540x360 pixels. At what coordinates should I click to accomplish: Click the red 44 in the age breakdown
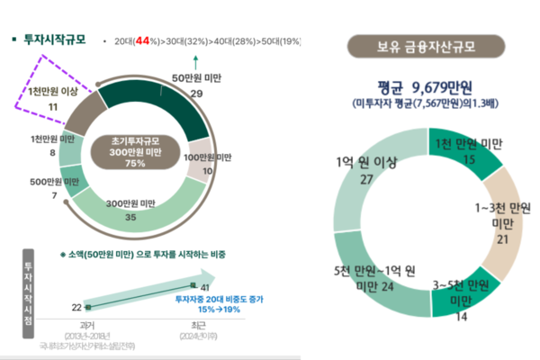coord(142,41)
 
